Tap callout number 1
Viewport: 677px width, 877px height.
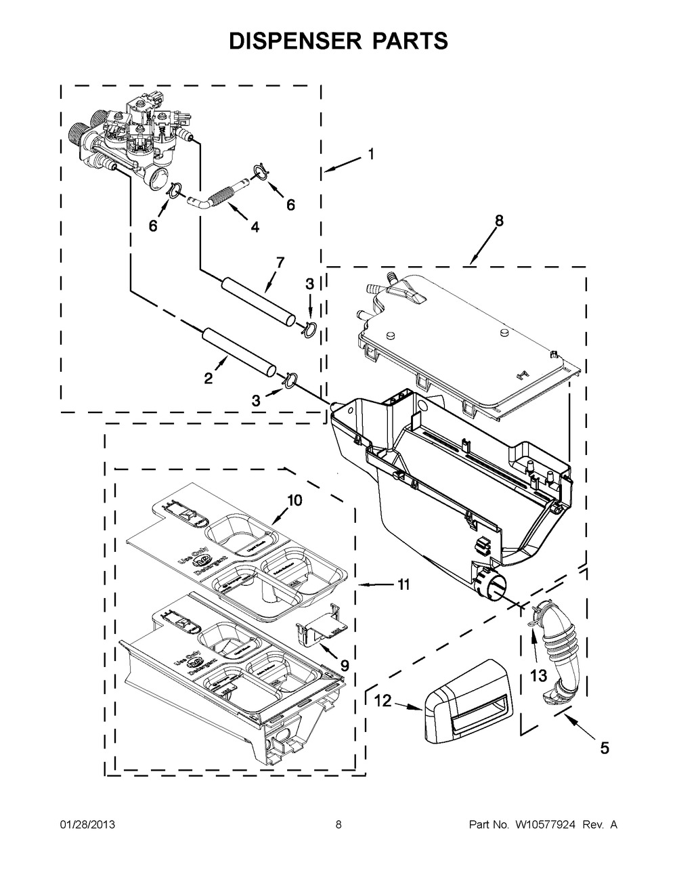click(370, 154)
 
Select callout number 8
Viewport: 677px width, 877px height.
click(499, 221)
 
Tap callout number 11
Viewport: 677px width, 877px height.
click(403, 584)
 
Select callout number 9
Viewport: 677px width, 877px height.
click(345, 666)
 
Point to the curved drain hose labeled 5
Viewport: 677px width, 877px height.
click(557, 650)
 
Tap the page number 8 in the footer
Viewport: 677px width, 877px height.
click(338, 824)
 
